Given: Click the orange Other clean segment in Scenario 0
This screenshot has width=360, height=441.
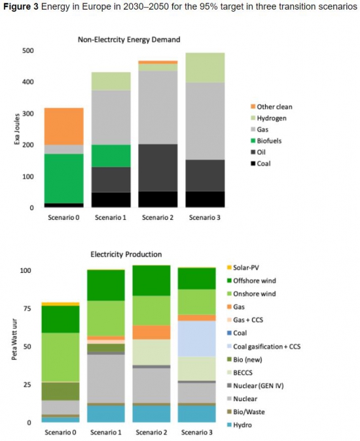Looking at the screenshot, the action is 64,126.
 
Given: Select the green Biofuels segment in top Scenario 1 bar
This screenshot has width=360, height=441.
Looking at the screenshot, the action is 111,156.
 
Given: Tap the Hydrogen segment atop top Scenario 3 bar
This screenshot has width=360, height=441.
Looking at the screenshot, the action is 205,67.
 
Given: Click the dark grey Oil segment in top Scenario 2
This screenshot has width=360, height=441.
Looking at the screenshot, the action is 158,168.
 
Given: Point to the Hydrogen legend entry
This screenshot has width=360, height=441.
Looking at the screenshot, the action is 268,118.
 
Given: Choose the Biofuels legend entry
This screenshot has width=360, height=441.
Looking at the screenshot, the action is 266,141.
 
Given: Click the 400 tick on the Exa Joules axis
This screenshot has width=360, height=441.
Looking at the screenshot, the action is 28,82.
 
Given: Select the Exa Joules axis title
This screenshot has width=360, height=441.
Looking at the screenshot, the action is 17,129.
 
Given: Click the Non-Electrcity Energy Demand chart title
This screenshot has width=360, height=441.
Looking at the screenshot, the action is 129,40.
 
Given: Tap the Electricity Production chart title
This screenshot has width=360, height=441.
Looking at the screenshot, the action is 126,255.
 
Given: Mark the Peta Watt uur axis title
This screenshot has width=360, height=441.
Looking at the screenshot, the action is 14,340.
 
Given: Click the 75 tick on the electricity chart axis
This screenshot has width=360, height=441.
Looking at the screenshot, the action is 27,309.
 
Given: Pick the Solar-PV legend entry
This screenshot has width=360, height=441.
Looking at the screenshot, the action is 243,268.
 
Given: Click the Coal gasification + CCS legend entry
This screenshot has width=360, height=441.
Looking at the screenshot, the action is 264,347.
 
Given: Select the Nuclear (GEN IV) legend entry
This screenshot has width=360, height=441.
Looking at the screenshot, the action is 255,386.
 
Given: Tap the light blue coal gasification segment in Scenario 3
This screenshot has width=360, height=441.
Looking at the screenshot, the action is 197,339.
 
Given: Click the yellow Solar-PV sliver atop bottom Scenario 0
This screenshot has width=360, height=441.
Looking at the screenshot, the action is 60,304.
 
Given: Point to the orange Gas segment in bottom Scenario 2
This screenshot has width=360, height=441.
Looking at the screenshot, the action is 152,332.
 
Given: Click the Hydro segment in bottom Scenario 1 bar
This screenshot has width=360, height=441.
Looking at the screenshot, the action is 106,414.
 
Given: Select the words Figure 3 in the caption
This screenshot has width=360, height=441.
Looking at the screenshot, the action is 21,7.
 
